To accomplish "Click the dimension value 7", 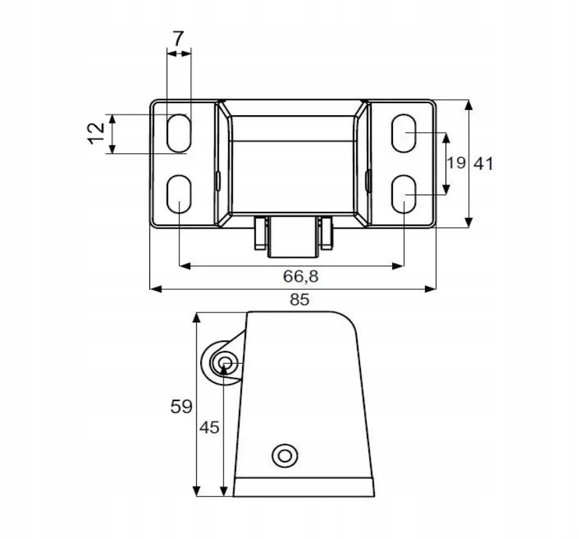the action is point(177,39).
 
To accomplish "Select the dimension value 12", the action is point(97,133).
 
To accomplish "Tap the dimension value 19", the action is point(457,163).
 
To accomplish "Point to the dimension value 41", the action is point(483,163).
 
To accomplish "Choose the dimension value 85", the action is point(300,300).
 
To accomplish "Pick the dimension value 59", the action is point(181,406).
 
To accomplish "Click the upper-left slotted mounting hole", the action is point(178,133).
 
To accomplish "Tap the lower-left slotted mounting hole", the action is point(178,194).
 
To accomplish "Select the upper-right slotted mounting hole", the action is point(404,133).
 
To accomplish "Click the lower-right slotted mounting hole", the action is point(404,194).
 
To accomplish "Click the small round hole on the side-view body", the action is point(285,455).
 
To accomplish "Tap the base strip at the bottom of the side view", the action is point(304,487).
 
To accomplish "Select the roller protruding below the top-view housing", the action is point(292,238).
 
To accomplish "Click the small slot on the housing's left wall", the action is point(217,179).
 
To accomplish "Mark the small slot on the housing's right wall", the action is point(368,179).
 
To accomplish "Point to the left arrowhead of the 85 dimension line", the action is point(154,289).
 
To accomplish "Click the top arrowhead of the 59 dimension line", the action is point(197,316).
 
